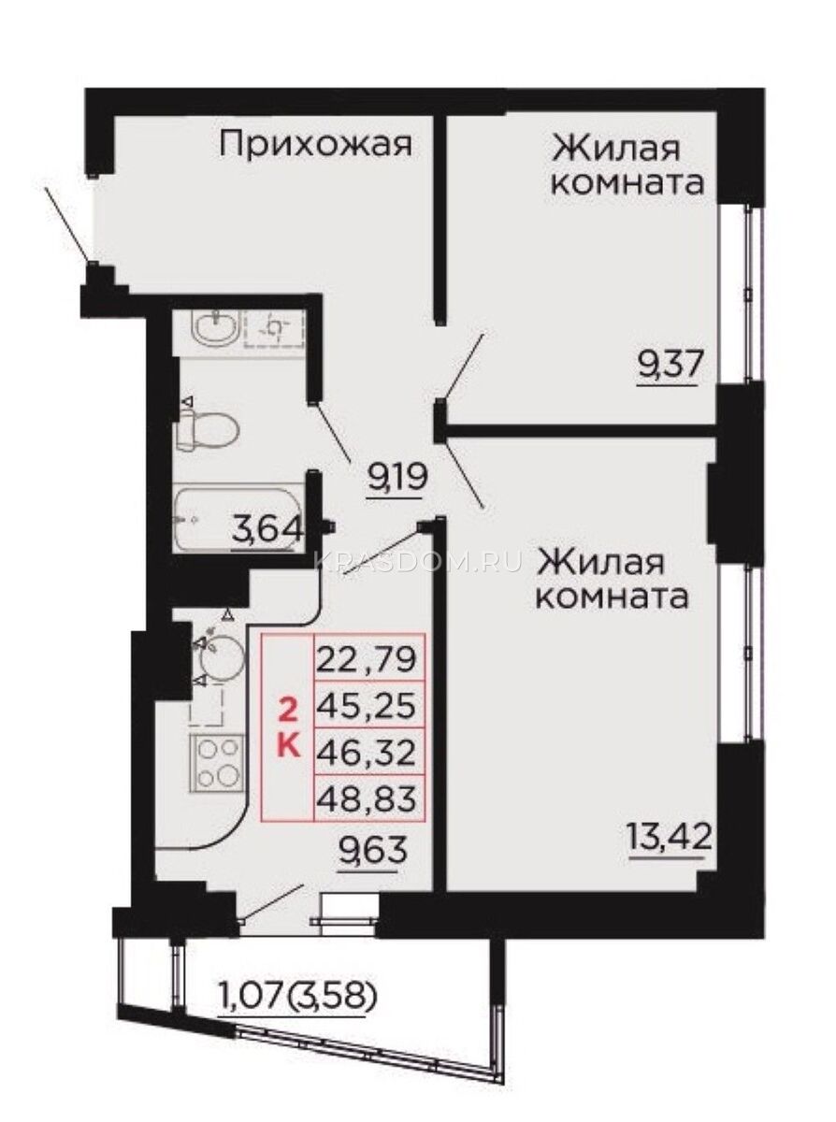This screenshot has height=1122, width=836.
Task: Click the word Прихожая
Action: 316,145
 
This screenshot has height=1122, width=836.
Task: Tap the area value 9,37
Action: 670,366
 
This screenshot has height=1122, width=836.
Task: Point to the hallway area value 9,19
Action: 397,477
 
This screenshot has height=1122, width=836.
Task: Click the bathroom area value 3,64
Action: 267,529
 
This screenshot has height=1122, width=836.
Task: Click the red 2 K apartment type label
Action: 290,731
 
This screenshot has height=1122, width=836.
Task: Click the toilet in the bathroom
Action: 209,429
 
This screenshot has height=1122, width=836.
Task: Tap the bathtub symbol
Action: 237,520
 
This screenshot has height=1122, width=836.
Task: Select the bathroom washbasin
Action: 215,328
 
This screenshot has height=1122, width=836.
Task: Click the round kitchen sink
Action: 223,658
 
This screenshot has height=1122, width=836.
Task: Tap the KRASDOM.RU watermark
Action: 418,563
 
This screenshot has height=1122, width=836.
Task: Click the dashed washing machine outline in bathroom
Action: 274,329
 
